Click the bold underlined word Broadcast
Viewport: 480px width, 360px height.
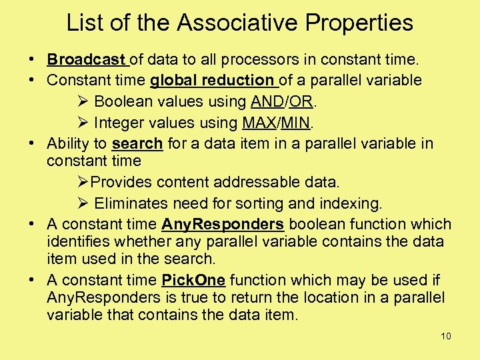[x=87, y=60]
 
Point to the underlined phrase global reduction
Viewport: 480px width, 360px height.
[x=212, y=81]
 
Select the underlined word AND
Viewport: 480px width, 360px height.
[x=267, y=102]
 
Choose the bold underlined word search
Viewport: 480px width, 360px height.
[x=137, y=143]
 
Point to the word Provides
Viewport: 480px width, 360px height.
[x=121, y=182]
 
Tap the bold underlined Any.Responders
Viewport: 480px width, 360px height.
[x=223, y=224]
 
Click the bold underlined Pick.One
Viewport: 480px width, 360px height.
[x=193, y=280]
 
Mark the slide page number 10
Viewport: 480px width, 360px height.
[x=446, y=336]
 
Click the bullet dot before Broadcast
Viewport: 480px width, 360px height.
[x=32, y=60]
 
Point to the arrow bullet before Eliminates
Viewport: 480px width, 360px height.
[x=83, y=203]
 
